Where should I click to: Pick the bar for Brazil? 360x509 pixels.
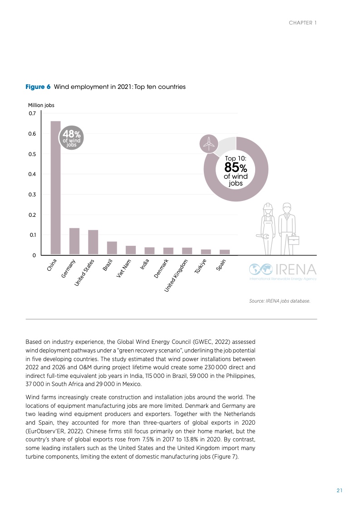pos(112,248)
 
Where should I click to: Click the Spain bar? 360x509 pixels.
pos(225,252)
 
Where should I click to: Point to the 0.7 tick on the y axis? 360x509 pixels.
pos(32,113)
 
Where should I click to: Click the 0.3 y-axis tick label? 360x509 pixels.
pos(32,195)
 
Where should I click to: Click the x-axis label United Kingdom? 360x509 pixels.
pos(176,275)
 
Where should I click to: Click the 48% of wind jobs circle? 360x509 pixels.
pos(71,137)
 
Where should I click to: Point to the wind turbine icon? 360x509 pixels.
pos(209,144)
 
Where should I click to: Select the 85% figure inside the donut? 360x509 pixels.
pos(235,167)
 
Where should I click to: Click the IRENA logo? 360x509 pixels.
pos(282,271)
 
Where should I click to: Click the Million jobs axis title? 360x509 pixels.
pos(41,105)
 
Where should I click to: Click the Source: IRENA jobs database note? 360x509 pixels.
pos(280,300)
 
